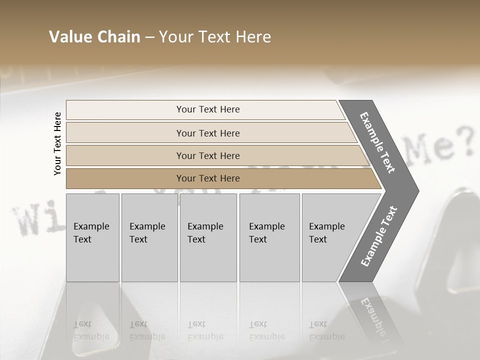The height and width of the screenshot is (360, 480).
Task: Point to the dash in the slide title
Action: pyautogui.click(x=149, y=37)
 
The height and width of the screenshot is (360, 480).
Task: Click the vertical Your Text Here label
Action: pyautogui.click(x=57, y=143)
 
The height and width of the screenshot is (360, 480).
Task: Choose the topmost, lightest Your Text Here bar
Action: pyautogui.click(x=208, y=109)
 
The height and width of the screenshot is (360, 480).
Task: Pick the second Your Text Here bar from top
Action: pyautogui.click(x=208, y=133)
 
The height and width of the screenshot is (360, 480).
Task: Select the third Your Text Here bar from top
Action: pyautogui.click(x=208, y=155)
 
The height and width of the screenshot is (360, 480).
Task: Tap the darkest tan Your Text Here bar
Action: pyautogui.click(x=208, y=178)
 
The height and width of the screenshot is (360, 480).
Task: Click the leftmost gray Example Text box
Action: pyautogui.click(x=92, y=237)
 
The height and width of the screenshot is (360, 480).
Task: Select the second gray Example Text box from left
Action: pyautogui.click(x=149, y=237)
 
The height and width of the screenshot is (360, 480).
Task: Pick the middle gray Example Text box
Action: pyautogui.click(x=208, y=237)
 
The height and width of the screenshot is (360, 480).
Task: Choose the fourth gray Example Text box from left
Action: pyautogui.click(x=269, y=237)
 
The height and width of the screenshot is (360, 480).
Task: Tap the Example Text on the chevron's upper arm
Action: pyautogui.click(x=377, y=142)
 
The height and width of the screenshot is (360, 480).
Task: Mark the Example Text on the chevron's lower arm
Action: pyautogui.click(x=379, y=236)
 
